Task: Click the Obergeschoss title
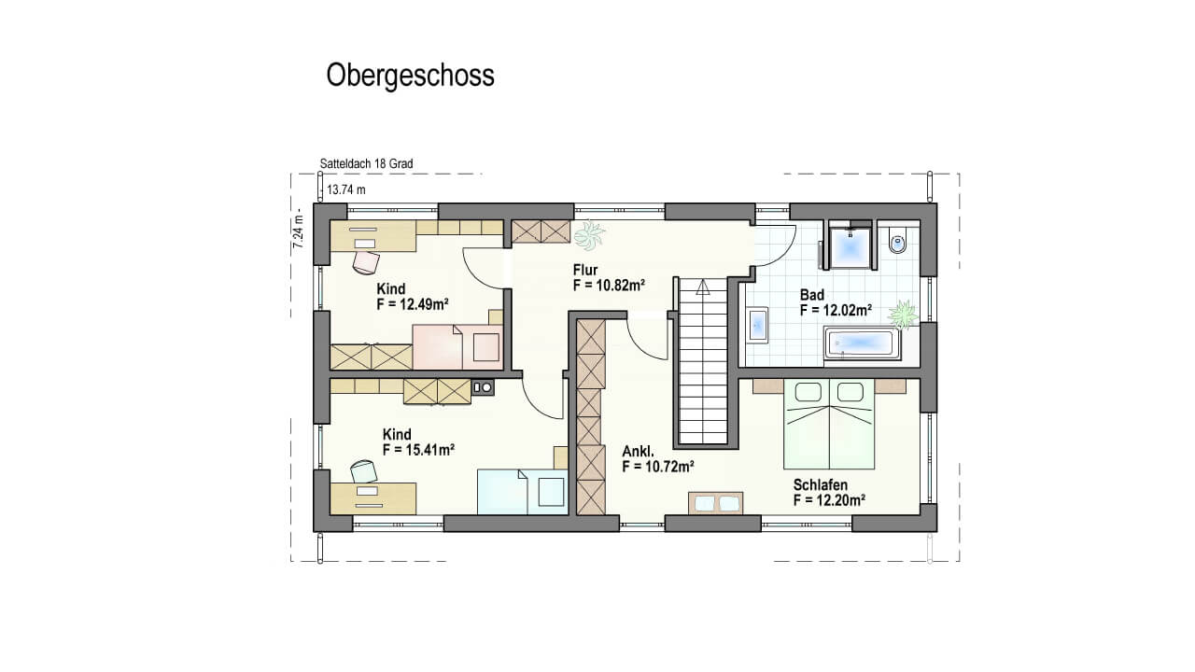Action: pyautogui.click(x=410, y=76)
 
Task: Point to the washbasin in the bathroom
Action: pyautogui.click(x=758, y=325)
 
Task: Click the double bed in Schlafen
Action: pyautogui.click(x=829, y=424)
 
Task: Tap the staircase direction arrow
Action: pyautogui.click(x=703, y=288)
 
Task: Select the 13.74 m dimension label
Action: pyautogui.click(x=346, y=189)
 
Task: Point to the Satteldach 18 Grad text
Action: pyautogui.click(x=366, y=163)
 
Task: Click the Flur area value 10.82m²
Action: pyautogui.click(x=610, y=286)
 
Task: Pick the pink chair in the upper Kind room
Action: pyautogui.click(x=366, y=262)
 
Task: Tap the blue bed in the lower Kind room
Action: pyautogui.click(x=522, y=491)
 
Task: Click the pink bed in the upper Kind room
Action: pyautogui.click(x=457, y=346)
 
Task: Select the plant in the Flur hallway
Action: pyautogui.click(x=589, y=235)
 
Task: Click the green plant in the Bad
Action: pyautogui.click(x=903, y=315)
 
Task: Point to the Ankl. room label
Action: pyautogui.click(x=638, y=452)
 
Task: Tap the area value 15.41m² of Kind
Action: pyautogui.click(x=418, y=450)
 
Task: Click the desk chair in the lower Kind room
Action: pyautogui.click(x=364, y=471)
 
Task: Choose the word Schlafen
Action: pyautogui.click(x=820, y=484)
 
